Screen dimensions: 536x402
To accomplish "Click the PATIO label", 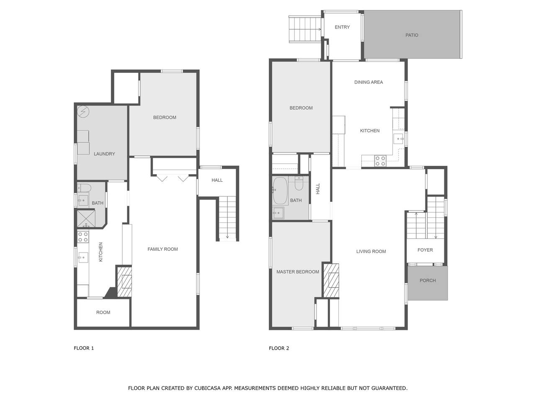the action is tap(412, 35).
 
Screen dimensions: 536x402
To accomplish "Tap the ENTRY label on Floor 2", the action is tap(342, 27).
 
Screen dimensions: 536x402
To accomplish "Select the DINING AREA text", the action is tap(368, 82).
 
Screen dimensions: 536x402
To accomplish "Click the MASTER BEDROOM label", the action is tap(298, 272).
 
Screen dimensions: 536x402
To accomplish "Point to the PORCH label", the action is tap(428, 281).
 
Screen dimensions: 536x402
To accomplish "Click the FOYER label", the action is tap(425, 250).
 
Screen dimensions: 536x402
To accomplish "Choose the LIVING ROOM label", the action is tap(371, 251).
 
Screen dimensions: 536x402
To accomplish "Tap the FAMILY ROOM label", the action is tap(162, 249).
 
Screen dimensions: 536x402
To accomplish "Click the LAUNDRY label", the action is tap(104, 154).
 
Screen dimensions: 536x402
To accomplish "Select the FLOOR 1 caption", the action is tap(84, 348).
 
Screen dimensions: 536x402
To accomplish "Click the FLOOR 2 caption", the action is tap(279, 348).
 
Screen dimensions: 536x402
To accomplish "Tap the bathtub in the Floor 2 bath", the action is tap(280, 191).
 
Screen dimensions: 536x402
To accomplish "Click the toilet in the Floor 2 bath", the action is tap(299, 184).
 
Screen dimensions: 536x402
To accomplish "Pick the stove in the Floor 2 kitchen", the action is tap(380, 161).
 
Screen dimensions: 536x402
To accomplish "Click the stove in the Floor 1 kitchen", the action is tap(83, 237).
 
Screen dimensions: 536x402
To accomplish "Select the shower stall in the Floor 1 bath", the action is tap(86, 219).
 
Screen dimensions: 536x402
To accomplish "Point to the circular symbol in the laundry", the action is tap(83, 112).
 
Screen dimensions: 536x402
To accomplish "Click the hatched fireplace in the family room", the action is tap(124, 282).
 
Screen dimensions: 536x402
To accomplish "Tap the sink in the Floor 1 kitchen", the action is tap(83, 258).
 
